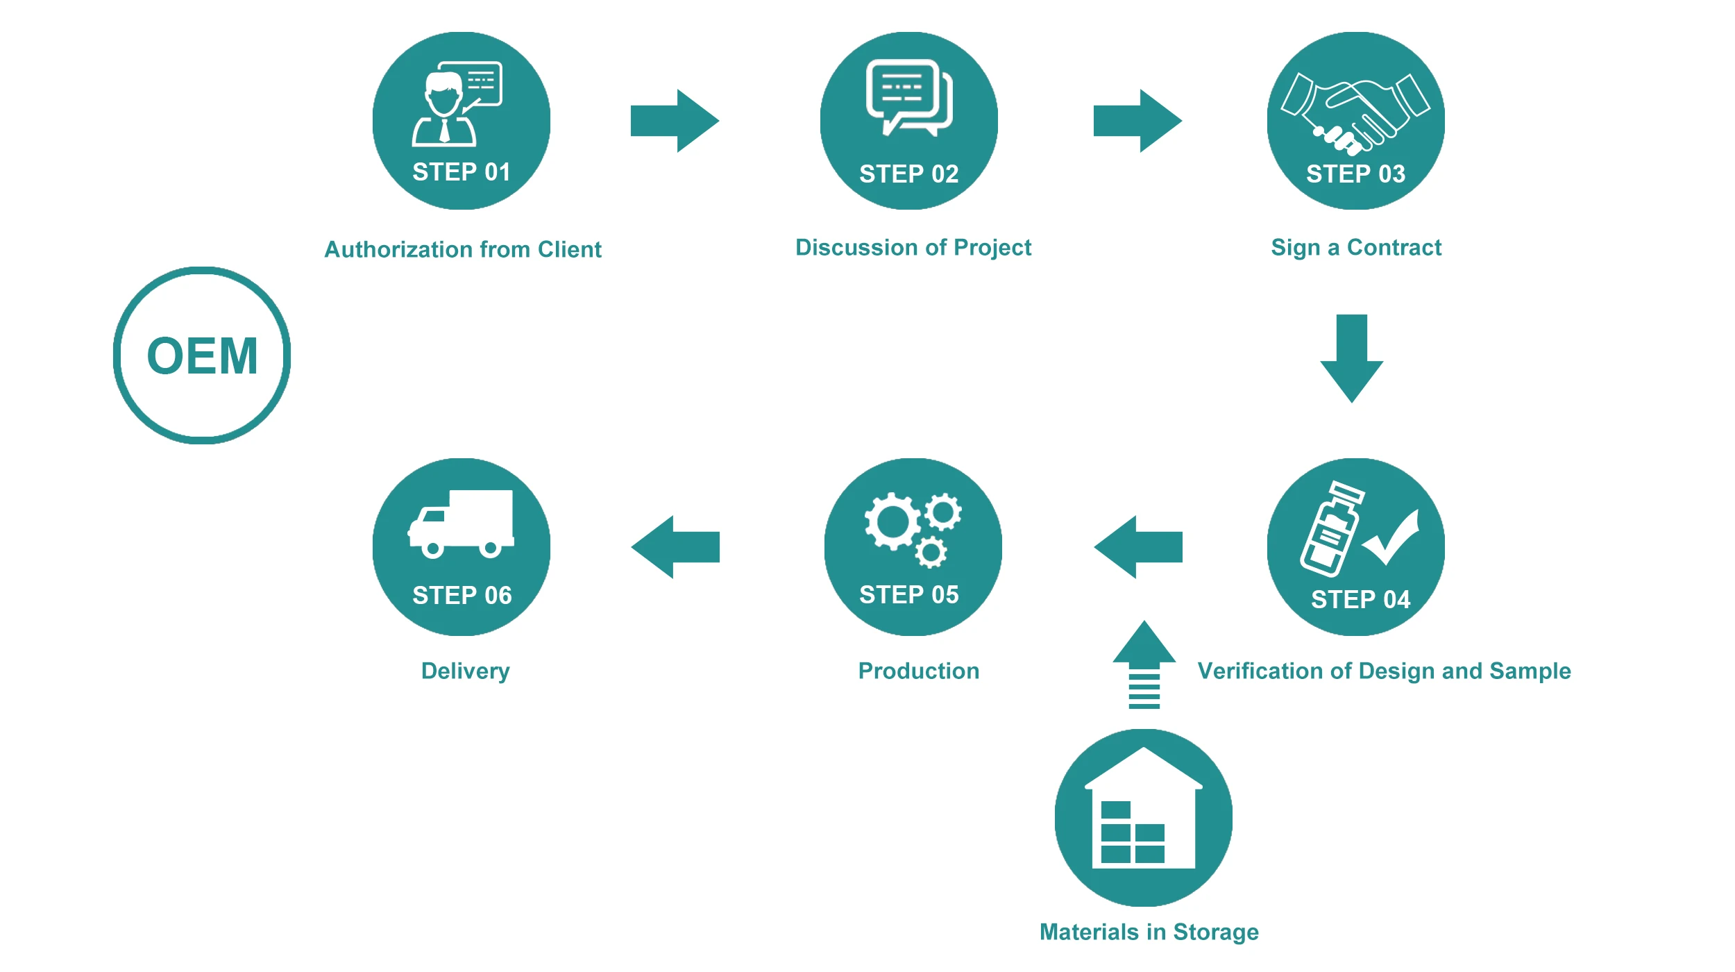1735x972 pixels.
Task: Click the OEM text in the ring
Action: pos(202,356)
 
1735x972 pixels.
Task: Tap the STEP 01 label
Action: pos(462,172)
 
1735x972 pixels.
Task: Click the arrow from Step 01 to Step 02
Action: pos(675,121)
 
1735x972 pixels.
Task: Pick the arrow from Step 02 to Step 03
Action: pos(1137,121)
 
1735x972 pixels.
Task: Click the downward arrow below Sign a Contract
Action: pos(1351,358)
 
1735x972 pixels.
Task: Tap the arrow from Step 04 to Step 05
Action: pos(1138,547)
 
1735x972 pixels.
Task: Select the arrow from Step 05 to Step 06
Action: pos(675,547)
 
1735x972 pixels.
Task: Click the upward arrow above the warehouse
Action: pos(1144,663)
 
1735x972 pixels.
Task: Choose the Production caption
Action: pos(918,671)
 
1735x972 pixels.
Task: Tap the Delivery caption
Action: pos(465,671)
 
